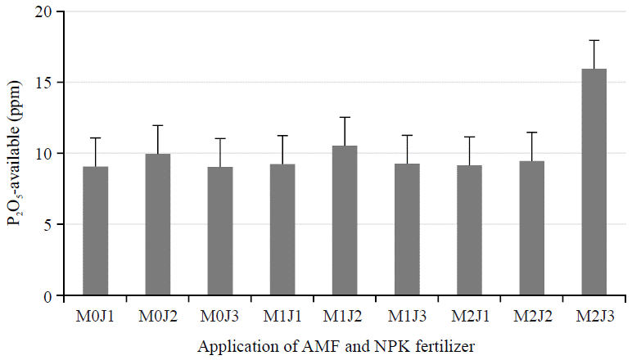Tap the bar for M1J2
click(345, 220)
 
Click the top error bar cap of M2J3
click(594, 40)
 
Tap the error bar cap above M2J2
click(531, 133)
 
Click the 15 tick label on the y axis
click(48, 83)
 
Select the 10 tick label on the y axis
click(48, 154)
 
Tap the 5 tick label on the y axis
click(52, 224)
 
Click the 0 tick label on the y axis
click(52, 295)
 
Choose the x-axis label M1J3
click(407, 315)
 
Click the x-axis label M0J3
click(220, 315)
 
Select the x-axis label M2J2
click(531, 315)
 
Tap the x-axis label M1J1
click(282, 315)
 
